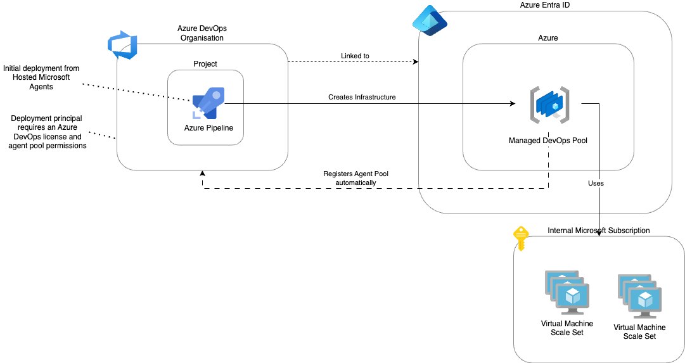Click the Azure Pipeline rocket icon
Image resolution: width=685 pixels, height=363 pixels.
tap(208, 104)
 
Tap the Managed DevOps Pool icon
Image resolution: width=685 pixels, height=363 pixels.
tap(549, 105)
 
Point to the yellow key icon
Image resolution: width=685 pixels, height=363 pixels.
tap(520, 238)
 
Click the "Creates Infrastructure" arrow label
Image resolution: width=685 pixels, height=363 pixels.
tap(362, 97)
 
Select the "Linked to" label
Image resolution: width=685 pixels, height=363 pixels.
tap(355, 56)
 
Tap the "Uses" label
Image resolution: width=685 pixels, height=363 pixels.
tap(596, 183)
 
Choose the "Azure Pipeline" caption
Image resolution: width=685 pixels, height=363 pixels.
tap(208, 128)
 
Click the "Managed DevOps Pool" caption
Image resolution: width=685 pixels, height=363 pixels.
tap(548, 141)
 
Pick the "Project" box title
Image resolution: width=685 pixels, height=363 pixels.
tap(205, 64)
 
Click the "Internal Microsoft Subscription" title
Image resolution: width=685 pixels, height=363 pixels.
tap(598, 231)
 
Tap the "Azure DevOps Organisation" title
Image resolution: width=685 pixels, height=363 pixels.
tap(203, 33)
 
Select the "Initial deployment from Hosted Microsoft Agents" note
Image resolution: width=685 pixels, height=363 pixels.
tap(41, 77)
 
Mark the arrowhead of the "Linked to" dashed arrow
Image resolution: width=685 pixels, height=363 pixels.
tap(416, 62)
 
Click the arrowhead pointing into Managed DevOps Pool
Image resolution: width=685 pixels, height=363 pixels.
tap(513, 103)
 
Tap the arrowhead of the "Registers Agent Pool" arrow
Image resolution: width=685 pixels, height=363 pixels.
tap(203, 174)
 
